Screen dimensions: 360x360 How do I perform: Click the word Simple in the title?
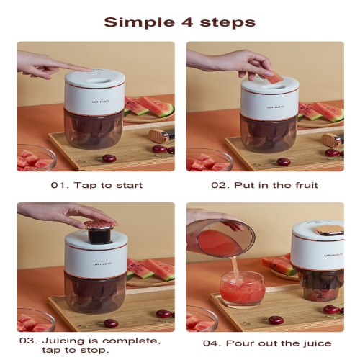(x=133, y=22)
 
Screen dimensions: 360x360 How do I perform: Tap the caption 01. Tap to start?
(x=95, y=185)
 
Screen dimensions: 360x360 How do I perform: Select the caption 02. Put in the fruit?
(x=264, y=185)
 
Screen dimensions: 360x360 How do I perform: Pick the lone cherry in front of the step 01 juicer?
(x=109, y=158)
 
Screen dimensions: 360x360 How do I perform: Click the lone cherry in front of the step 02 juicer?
(x=284, y=161)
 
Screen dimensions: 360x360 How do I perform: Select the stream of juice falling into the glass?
(x=234, y=266)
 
